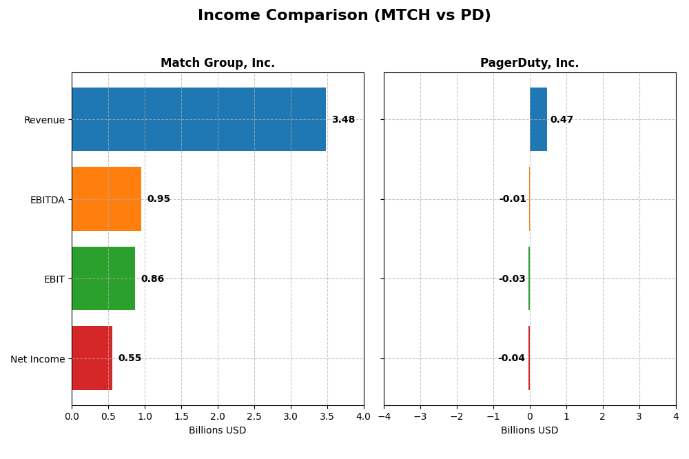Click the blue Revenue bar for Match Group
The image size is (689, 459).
[x=198, y=119]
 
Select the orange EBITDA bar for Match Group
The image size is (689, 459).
[x=106, y=199]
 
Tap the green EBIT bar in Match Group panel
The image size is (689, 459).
[x=103, y=278]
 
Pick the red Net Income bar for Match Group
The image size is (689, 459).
[x=92, y=358]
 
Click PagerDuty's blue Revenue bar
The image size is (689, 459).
[x=538, y=119]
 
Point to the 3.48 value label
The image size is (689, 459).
[x=343, y=120]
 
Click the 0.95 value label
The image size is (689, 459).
[x=158, y=199]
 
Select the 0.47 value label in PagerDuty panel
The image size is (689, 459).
[x=562, y=120]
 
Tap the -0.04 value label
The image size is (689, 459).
[x=511, y=358]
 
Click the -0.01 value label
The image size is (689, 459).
[x=513, y=199]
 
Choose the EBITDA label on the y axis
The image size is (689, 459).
[x=48, y=200]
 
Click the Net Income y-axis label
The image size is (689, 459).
[x=38, y=359]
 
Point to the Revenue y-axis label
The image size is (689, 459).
[x=44, y=120]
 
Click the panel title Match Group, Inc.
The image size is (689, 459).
[x=218, y=63]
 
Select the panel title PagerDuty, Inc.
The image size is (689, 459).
[x=529, y=63]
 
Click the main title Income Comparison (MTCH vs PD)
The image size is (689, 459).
[x=344, y=16]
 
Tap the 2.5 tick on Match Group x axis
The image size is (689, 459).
[x=254, y=416]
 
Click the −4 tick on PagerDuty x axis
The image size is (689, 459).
[x=384, y=416]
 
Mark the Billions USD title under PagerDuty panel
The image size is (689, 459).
[x=529, y=431]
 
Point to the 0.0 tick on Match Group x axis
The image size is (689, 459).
[x=72, y=416]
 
